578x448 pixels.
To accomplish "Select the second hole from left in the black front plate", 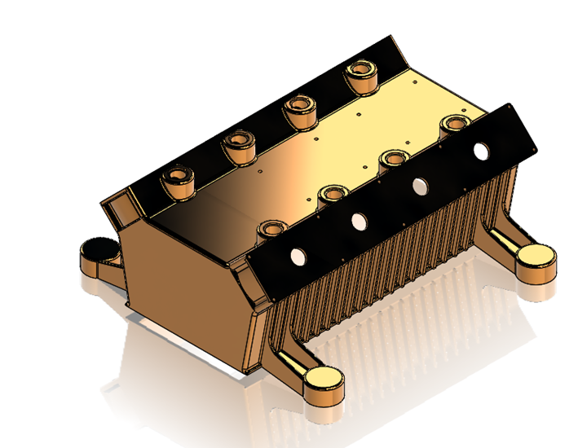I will (x=359, y=220).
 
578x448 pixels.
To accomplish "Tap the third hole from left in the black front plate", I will (x=421, y=185).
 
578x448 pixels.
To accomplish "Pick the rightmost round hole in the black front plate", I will (x=482, y=151).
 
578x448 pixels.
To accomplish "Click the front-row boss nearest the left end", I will (x=270, y=230).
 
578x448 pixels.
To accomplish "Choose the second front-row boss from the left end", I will (x=332, y=195).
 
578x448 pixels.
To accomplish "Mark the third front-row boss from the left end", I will (x=394, y=160).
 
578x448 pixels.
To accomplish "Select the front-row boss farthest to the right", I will (x=452, y=126).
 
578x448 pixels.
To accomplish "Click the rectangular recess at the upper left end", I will (x=122, y=210).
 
